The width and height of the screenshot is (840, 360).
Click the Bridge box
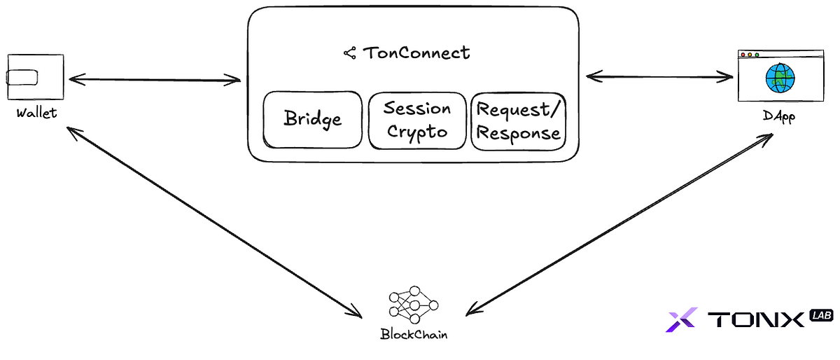[312, 120]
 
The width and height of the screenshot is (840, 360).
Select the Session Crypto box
[417, 120]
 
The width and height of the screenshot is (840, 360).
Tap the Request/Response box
[518, 120]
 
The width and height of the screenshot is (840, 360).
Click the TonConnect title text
[416, 53]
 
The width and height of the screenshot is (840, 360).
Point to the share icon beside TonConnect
[350, 53]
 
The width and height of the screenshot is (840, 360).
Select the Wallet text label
[36, 113]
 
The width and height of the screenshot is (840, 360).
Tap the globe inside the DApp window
[779, 78]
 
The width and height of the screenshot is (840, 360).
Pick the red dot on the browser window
[742, 55]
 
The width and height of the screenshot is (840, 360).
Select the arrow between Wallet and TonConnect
[154, 79]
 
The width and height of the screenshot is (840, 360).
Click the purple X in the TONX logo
[680, 320]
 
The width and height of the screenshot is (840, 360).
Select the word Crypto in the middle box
[417, 132]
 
